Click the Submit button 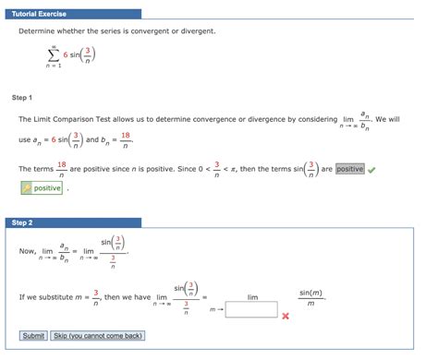(x=32, y=335)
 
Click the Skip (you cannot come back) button (x=98, y=335)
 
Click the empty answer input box (x=251, y=309)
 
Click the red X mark (x=286, y=316)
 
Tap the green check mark (x=371, y=169)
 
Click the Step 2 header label (x=22, y=222)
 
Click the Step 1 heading (x=22, y=97)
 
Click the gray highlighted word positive (x=349, y=169)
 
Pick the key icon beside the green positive (x=27, y=188)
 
